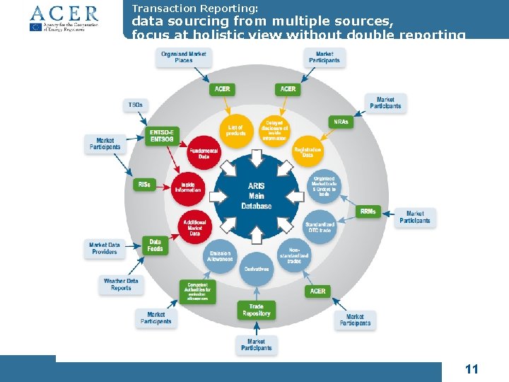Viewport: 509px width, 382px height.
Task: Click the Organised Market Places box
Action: click(x=184, y=57)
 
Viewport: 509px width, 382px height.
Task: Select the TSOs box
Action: click(x=134, y=105)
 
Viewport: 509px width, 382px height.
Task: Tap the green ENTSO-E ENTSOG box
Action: click(x=162, y=136)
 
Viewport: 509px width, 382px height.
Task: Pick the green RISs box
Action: click(x=144, y=184)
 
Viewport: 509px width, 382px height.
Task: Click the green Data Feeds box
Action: click(x=155, y=245)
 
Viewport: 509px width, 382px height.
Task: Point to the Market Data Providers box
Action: click(x=105, y=248)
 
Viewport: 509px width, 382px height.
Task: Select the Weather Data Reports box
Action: click(x=121, y=284)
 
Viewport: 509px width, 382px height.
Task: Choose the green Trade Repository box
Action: click(x=256, y=310)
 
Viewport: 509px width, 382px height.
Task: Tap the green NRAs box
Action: click(x=341, y=122)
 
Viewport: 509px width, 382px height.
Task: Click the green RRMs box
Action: click(x=368, y=212)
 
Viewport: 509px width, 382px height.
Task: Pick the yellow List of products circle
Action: click(x=235, y=131)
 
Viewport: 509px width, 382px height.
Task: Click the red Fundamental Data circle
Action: click(x=204, y=152)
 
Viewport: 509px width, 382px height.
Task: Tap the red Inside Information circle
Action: click(x=187, y=187)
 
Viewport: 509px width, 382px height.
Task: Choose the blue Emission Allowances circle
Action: click(x=220, y=255)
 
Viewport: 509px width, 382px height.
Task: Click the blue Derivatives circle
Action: click(x=256, y=269)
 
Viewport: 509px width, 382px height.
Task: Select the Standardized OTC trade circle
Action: click(x=320, y=227)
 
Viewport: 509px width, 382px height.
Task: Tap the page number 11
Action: click(x=472, y=369)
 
